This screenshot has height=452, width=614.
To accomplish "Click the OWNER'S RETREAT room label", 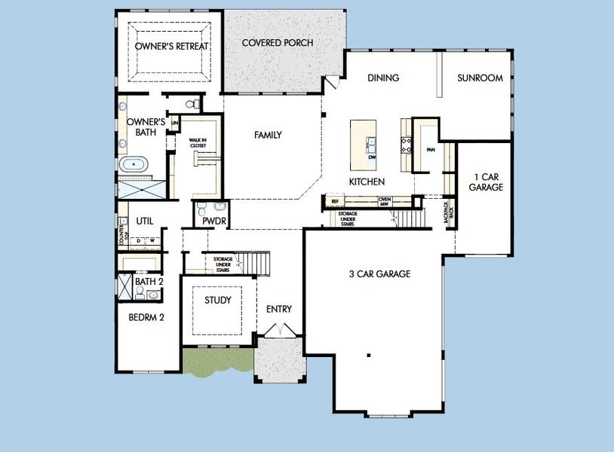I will click(172, 47).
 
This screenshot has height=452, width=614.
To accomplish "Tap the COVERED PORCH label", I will click(277, 43).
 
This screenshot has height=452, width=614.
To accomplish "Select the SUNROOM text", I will click(480, 78).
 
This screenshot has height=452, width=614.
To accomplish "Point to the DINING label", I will click(382, 78).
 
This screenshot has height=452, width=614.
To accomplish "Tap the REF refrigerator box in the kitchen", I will click(335, 202).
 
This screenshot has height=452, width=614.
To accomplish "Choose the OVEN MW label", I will click(383, 202).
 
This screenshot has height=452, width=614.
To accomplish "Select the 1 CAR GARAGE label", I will click(485, 182).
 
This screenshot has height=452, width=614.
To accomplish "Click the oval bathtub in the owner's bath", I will click(137, 163).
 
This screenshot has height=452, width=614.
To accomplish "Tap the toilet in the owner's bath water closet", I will click(195, 103).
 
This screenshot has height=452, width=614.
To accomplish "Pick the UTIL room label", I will click(145, 221).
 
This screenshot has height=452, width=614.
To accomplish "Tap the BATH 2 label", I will click(148, 281).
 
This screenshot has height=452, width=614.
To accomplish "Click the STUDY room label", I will click(218, 301).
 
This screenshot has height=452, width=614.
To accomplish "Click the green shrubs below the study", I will click(217, 362).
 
